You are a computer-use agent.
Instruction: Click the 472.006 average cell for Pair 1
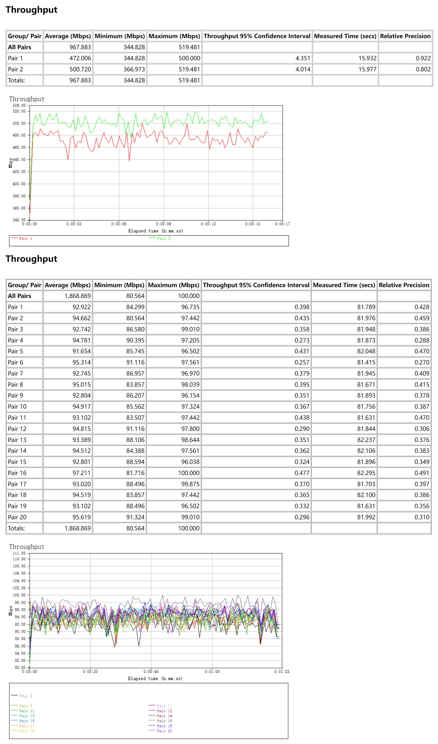[x=80, y=58]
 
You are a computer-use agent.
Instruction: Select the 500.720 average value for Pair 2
[x=80, y=69]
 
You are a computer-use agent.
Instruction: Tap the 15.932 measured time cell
[x=367, y=58]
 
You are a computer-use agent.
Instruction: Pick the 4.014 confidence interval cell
[x=303, y=69]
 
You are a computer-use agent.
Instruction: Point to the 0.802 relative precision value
[x=423, y=69]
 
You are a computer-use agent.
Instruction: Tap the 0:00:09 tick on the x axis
[x=163, y=224]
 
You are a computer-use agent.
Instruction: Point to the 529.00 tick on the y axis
[x=19, y=105]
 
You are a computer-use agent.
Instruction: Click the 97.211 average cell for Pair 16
[x=82, y=473]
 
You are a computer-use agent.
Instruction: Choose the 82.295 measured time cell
[x=366, y=473]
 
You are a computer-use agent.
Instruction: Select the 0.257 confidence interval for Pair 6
[x=302, y=362]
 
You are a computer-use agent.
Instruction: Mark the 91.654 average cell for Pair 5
[x=82, y=351]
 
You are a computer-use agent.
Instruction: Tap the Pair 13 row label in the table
[x=17, y=440]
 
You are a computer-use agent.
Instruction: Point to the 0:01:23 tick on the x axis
[x=281, y=671]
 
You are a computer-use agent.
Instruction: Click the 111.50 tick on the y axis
[x=19, y=553]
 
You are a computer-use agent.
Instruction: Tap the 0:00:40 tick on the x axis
[x=151, y=671]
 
